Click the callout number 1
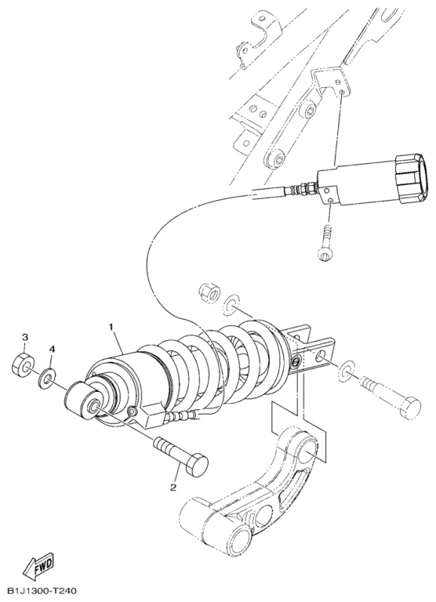click(x=111, y=327)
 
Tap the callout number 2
click(x=173, y=488)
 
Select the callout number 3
click(x=25, y=337)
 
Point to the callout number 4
click(x=52, y=349)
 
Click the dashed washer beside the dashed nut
click(x=231, y=304)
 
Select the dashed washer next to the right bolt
click(x=347, y=370)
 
